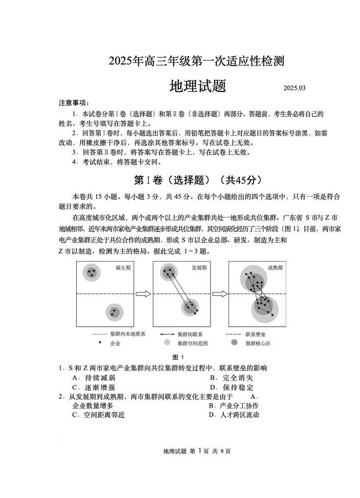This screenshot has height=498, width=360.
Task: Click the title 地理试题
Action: (197, 87)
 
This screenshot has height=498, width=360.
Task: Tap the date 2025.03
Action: (294, 88)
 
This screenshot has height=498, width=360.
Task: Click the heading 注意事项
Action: (74, 103)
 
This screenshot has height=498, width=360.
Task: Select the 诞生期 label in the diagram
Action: (123, 268)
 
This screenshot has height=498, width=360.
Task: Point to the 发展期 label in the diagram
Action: (199, 268)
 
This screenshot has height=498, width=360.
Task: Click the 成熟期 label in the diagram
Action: (275, 268)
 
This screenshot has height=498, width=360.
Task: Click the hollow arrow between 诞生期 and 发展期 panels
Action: (143, 294)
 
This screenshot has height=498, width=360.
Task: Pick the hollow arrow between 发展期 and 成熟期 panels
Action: (219, 294)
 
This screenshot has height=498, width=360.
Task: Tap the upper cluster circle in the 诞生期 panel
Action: (91, 273)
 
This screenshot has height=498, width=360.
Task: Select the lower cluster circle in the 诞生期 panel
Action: (114, 312)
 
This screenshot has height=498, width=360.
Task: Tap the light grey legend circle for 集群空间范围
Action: (167, 343)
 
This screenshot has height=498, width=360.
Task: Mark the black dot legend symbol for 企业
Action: (100, 343)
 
